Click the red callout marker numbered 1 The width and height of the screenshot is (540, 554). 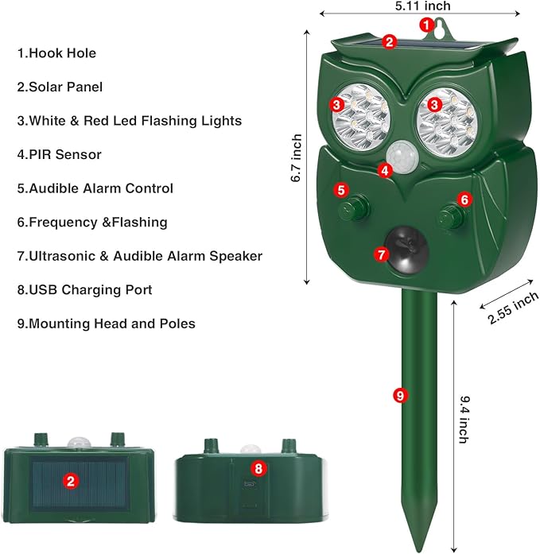tap(426, 25)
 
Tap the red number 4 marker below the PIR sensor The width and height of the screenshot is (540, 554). tap(385, 169)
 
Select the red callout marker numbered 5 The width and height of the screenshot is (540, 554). tap(341, 190)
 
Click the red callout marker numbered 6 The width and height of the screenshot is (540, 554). tap(465, 200)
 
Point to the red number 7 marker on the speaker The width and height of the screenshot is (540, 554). tap(381, 254)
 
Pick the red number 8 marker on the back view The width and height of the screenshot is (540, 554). tap(257, 469)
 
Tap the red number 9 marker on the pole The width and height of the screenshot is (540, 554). tap(400, 394)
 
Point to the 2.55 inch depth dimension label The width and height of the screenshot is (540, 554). tap(514, 307)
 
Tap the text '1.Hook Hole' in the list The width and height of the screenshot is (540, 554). tap(56, 53)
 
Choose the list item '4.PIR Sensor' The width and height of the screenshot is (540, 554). tap(59, 155)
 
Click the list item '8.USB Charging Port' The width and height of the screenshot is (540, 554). tap(84, 290)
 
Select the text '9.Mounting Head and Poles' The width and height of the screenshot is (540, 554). tap(106, 323)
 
